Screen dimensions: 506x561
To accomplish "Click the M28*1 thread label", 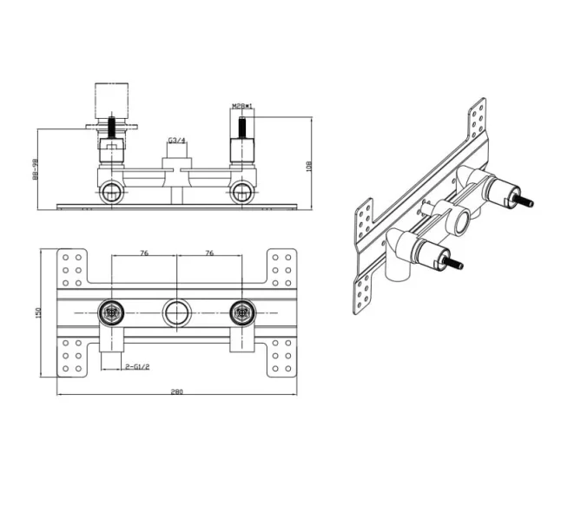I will [x=242, y=107].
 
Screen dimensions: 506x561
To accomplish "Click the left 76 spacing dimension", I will [x=144, y=253].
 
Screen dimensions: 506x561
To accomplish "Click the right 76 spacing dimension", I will [x=209, y=253].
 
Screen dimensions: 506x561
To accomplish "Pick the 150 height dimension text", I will [x=38, y=312].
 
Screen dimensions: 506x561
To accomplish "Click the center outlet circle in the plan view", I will [x=177, y=312].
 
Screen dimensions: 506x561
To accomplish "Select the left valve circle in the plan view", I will [x=111, y=312].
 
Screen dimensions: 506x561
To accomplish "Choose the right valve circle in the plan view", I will [x=242, y=312].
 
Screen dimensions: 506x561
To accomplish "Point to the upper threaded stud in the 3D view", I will [x=523, y=202].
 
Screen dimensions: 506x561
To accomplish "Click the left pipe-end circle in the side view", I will [x=111, y=192].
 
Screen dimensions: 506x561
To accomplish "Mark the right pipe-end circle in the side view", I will [x=242, y=192].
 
